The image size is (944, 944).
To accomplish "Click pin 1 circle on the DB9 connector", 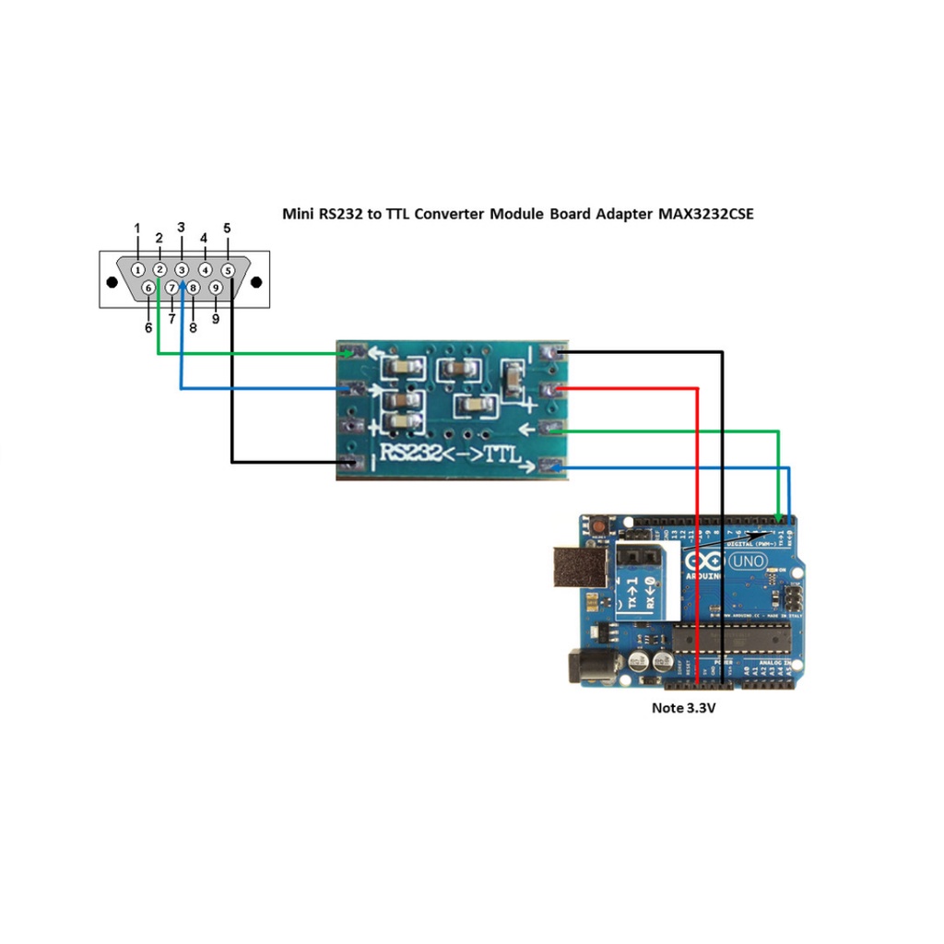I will (137, 270).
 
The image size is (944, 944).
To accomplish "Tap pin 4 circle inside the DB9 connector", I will (205, 270).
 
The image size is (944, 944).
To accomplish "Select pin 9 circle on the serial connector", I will (216, 288).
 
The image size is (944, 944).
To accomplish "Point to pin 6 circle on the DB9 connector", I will (148, 288).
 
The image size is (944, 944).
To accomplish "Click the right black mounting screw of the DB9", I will (256, 281).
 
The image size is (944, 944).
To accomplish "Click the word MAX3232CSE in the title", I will (705, 214).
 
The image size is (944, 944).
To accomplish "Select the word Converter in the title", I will (450, 214).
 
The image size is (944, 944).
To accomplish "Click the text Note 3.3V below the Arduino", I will (684, 709).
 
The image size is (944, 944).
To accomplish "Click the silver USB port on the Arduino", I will (578, 567).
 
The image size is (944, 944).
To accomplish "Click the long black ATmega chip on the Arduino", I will (731, 637).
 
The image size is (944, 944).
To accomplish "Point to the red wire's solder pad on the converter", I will (553, 389).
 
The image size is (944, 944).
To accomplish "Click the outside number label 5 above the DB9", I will (227, 229).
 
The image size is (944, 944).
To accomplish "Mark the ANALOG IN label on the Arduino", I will (776, 663).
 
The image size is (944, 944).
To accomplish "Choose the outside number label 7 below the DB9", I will (171, 318).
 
